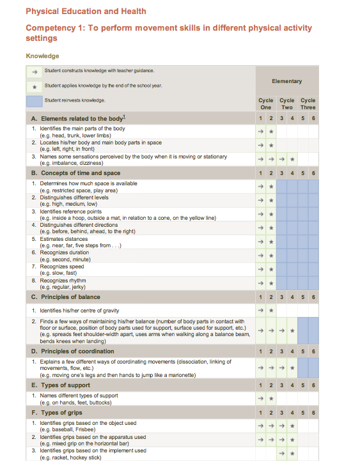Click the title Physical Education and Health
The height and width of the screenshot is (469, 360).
point(86,11)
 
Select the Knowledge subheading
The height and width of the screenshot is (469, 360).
point(42,56)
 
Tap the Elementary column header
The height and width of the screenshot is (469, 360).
point(286,81)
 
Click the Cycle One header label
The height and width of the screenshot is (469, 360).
point(265,104)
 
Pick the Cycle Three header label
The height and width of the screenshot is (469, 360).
point(308,104)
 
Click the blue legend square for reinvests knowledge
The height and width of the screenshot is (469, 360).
point(35,100)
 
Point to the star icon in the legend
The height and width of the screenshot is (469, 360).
point(35,86)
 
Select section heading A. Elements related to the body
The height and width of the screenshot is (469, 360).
point(78,119)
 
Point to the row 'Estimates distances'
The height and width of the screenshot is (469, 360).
point(65,239)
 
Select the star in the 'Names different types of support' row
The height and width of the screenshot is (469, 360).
point(271,399)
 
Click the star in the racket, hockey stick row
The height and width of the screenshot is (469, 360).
point(292,454)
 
